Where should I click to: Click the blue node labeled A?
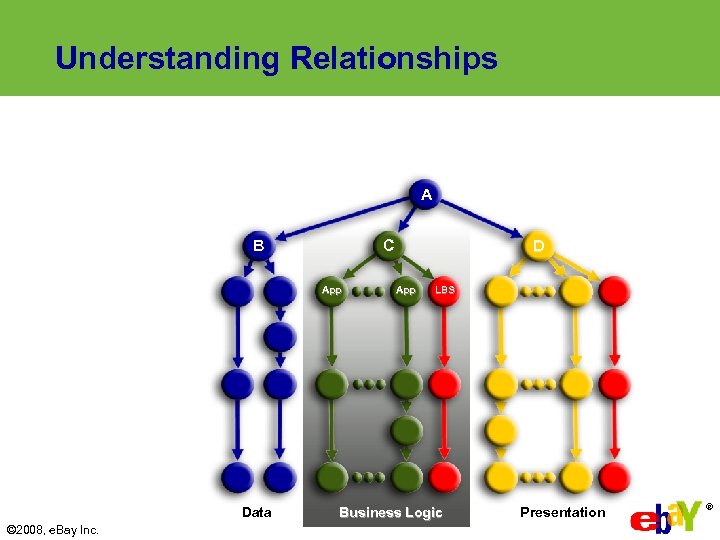pyautogui.click(x=426, y=194)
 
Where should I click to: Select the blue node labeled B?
pyautogui.click(x=259, y=245)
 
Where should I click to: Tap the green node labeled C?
pyautogui.click(x=388, y=245)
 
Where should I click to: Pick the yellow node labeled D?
pyautogui.click(x=539, y=245)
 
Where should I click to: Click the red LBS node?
pyautogui.click(x=444, y=290)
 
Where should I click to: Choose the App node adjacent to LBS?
pyautogui.click(x=405, y=290)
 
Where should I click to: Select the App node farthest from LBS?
pyautogui.click(x=331, y=290)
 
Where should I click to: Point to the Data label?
pyautogui.click(x=256, y=512)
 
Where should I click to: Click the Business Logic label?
pyautogui.click(x=390, y=512)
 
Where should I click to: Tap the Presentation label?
pyautogui.click(x=562, y=512)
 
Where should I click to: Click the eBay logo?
pyautogui.click(x=665, y=517)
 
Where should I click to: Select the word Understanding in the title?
pyautogui.click(x=168, y=58)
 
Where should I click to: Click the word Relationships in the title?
pyautogui.click(x=393, y=58)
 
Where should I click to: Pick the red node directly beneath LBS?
pyautogui.click(x=444, y=383)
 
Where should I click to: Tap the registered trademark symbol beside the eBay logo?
pyautogui.click(x=710, y=507)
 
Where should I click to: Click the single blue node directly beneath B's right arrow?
pyautogui.click(x=280, y=337)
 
